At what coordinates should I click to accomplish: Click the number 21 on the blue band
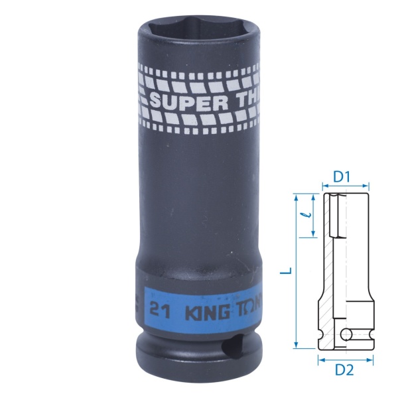tap(157, 309)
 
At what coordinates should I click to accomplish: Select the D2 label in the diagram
tap(343, 369)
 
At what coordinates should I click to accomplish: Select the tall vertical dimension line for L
tap(296, 271)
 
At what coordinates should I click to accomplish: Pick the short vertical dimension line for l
tap(312, 216)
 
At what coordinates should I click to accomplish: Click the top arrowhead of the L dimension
tap(296, 197)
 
